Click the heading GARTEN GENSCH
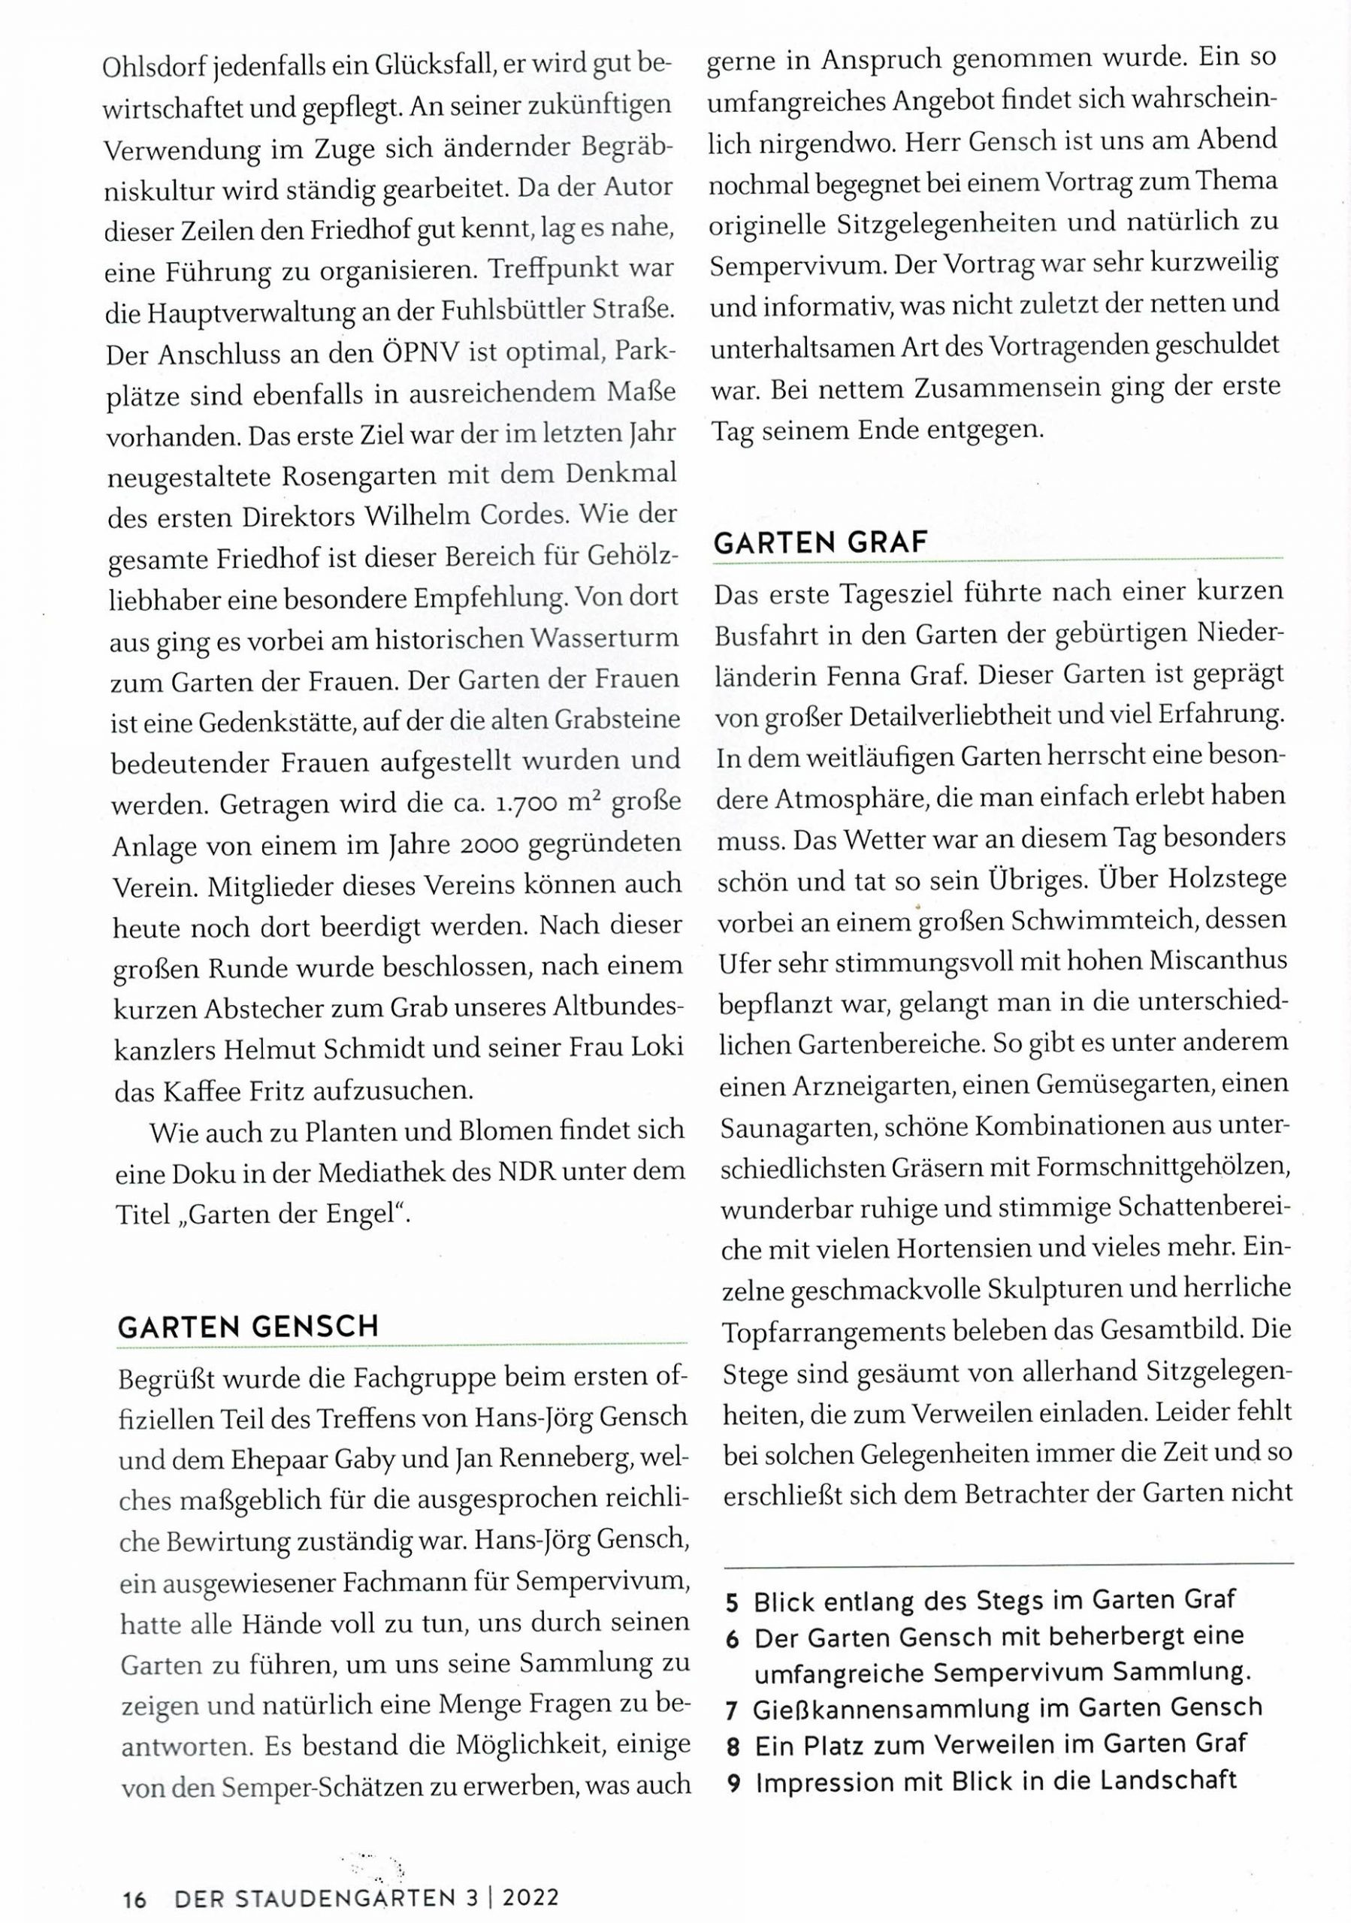pyautogui.click(x=248, y=1327)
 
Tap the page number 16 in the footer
pyautogui.click(x=134, y=1900)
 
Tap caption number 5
pyautogui.click(x=732, y=1603)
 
